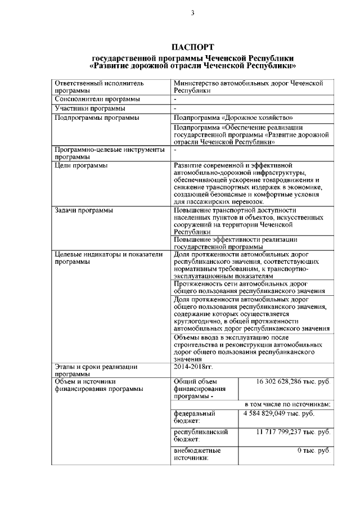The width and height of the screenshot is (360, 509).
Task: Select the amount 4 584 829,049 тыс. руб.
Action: pyautogui.click(x=278, y=413)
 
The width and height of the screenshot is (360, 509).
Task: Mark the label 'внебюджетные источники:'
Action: pyautogui.click(x=197, y=454)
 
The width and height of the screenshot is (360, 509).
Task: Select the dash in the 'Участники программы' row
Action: pyautogui.click(x=175, y=108)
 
